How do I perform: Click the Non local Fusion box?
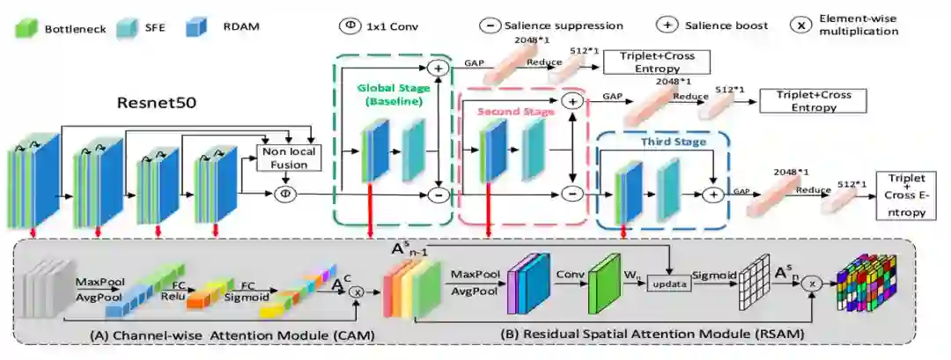pos(285,156)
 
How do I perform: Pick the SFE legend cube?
pos(124,28)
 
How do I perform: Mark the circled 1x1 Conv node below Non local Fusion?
pos(284,193)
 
